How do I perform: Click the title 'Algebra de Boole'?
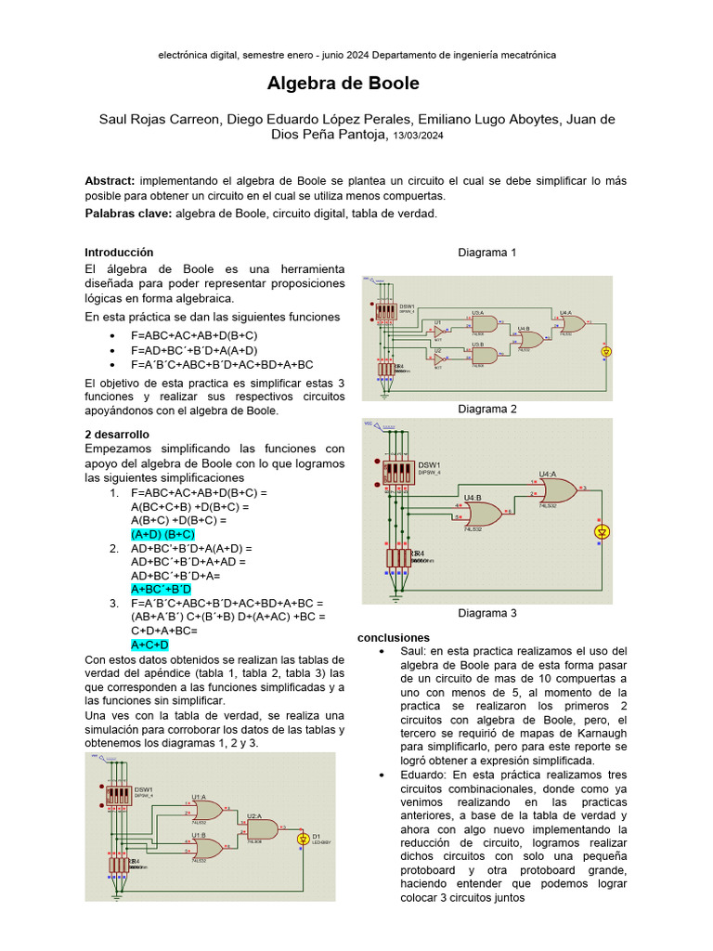(343, 84)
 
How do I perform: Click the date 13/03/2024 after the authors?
(418, 136)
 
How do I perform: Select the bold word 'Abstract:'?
(110, 180)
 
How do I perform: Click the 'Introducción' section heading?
(119, 253)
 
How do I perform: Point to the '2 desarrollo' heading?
(116, 434)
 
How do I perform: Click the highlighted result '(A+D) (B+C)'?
(162, 535)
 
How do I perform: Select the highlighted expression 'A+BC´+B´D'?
(161, 589)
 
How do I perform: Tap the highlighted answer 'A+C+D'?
(149, 645)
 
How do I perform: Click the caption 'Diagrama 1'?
(487, 253)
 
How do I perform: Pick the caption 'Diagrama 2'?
(487, 409)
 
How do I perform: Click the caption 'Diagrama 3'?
(487, 613)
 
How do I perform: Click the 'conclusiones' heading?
(394, 638)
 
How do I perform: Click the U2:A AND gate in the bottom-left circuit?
(261, 828)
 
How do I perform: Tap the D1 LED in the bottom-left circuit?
(302, 839)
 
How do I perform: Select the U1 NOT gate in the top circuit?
(439, 331)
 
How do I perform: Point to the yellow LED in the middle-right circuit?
(602, 532)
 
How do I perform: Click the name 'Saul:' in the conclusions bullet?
(415, 652)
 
